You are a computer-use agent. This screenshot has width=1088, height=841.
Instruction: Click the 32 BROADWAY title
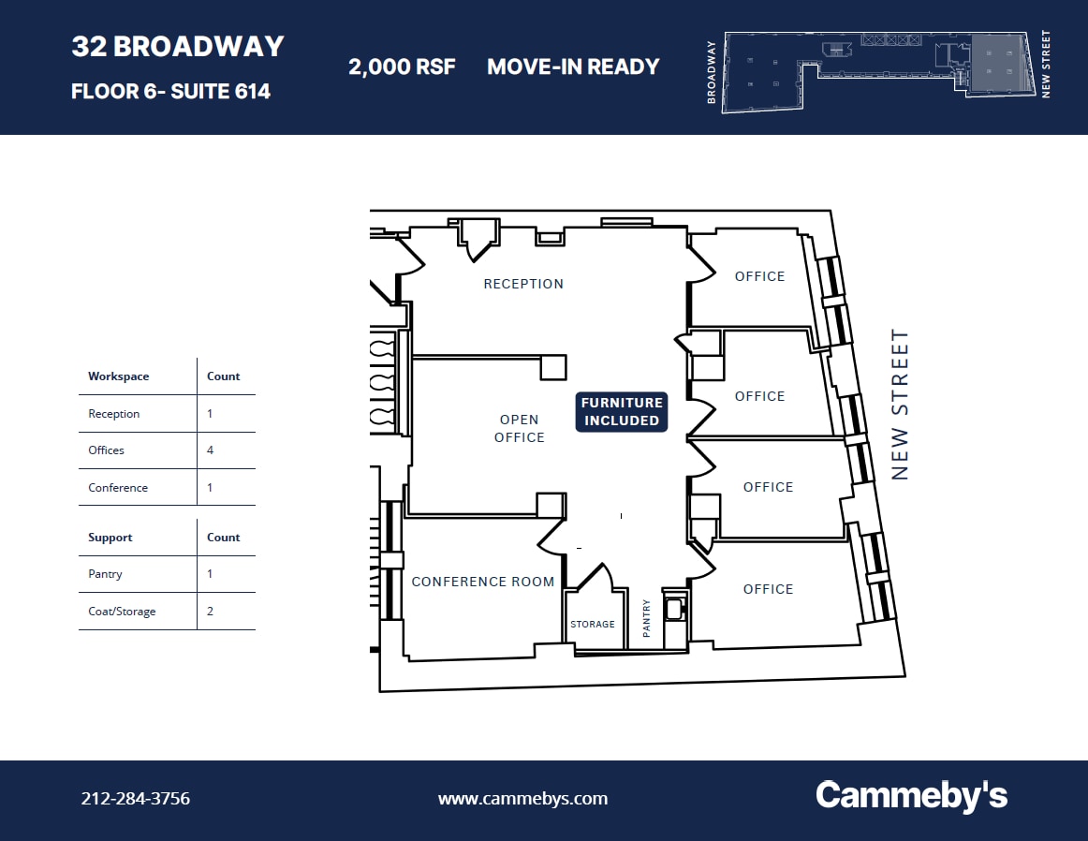pos(178,47)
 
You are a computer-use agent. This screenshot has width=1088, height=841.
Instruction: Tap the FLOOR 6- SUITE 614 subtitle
pos(170,92)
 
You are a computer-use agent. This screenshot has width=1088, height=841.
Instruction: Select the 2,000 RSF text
pos(402,67)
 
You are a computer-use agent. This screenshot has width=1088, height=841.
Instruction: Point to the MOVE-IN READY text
pos(573,67)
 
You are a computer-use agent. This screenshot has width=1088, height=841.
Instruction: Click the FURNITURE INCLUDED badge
pos(622,412)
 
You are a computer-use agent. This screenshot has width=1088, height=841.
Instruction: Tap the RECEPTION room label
pos(523,284)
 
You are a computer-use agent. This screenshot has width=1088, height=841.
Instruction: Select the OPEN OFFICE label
pos(520,429)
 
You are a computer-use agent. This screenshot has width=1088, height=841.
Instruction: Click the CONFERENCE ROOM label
pos(483,582)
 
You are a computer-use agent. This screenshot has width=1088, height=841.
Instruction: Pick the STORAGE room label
pos(593,625)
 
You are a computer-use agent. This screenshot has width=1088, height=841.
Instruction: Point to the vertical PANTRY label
pos(646,619)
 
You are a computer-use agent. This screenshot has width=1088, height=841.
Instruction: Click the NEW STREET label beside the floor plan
pos(900,404)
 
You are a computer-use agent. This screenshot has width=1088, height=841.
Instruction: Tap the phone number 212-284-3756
pos(136,799)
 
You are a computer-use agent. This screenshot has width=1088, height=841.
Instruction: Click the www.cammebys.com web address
pos(522,799)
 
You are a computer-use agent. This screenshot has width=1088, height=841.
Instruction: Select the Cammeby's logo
pos(911,796)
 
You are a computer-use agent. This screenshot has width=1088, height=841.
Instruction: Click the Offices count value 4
pos(210,450)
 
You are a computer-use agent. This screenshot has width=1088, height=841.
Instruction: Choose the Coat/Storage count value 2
pos(210,612)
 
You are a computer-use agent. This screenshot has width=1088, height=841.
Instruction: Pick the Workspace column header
pos(119,376)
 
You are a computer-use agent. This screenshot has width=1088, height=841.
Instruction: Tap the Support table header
pos(110,538)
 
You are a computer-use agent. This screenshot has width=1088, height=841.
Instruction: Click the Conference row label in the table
pos(118,488)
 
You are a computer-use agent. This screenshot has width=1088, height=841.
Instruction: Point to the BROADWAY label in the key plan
pos(713,72)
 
